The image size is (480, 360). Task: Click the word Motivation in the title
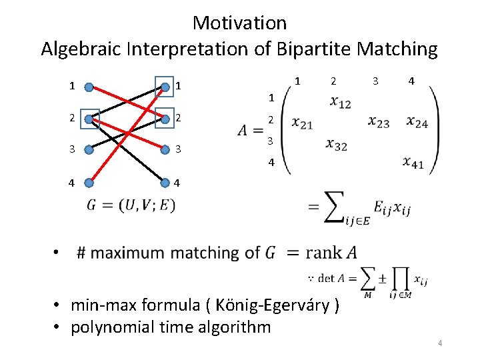(239, 23)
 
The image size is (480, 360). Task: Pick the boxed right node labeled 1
(164, 86)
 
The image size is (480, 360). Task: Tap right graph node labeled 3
(164, 149)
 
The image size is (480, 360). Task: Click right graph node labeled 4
(164, 181)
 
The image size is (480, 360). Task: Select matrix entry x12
(340, 102)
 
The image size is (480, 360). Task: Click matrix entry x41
(413, 162)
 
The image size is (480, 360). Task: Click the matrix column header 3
(375, 81)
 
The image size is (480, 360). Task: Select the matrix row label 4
(271, 161)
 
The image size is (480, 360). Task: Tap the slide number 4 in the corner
(441, 343)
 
